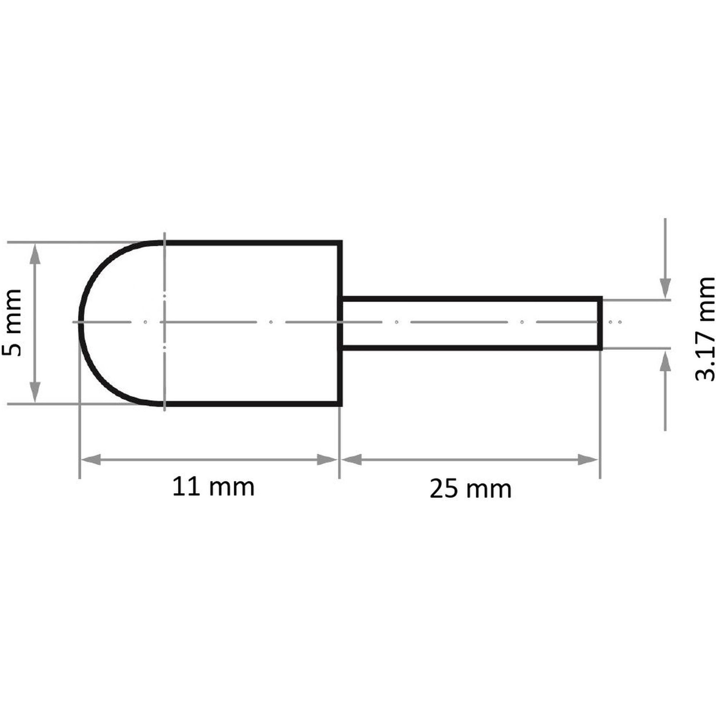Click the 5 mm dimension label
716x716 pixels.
pos(11,323)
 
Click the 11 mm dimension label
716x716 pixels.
pos(213,487)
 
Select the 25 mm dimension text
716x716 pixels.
pos(471,489)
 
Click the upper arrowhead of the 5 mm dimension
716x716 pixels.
pos(35,254)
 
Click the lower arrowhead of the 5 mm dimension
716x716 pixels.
pos(35,392)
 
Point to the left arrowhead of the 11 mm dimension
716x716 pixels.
pos(91,460)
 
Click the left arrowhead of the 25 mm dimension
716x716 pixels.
pos(352,460)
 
